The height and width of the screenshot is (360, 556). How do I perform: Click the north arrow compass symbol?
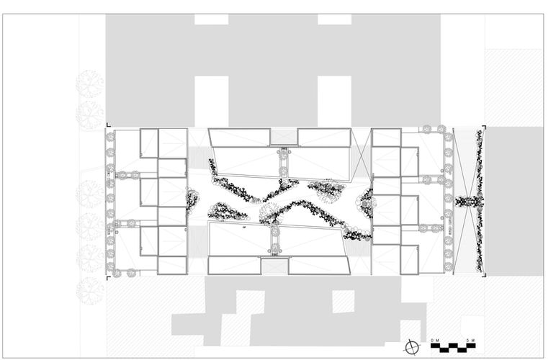pos(411,347)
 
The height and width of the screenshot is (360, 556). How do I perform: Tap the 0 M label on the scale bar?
pos(434,340)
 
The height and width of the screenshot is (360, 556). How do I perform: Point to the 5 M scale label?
pos(470,340)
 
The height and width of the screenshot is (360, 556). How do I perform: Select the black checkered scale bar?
pos(452,347)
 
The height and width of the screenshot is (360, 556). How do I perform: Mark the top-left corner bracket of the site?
pos(109,127)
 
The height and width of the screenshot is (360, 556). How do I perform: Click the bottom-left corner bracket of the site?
pos(109,277)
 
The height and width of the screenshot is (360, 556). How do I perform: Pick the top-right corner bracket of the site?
pos(484,127)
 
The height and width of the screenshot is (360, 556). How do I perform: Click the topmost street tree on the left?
pos(91,84)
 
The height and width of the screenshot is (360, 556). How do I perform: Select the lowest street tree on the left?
pos(91,289)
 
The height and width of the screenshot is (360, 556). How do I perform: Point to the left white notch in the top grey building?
pos(211,101)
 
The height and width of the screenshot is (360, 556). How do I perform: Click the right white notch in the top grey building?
pos(335,101)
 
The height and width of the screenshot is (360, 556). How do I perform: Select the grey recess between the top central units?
pos(284,136)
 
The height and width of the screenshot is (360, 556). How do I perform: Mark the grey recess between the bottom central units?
pos(273,266)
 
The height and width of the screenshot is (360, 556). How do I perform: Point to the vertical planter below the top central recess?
pos(284,164)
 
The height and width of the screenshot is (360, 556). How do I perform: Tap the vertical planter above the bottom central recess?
pos(274,240)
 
